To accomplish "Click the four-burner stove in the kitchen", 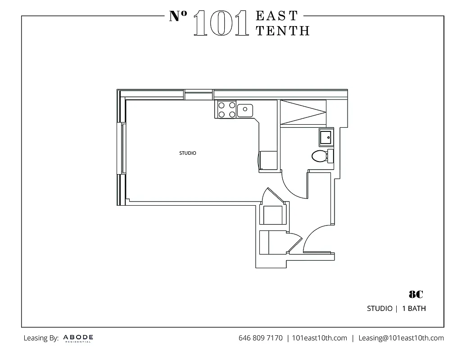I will click(x=226, y=109).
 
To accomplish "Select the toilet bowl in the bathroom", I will click(x=319, y=156).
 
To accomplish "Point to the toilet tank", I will click(x=330, y=156).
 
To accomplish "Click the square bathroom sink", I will click(x=326, y=137).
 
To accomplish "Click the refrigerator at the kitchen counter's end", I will click(x=268, y=160).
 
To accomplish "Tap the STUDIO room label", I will click(x=188, y=153).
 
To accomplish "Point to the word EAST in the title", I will click(x=276, y=16).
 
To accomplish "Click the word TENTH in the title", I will click(x=282, y=30).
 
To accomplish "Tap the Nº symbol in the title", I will click(x=178, y=17).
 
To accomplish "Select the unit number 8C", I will click(x=416, y=295).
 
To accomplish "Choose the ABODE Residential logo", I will click(x=78, y=338).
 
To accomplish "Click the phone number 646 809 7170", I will click(x=260, y=338).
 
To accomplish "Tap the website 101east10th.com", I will click(x=320, y=338).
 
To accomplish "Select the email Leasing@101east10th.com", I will click(x=401, y=338).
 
